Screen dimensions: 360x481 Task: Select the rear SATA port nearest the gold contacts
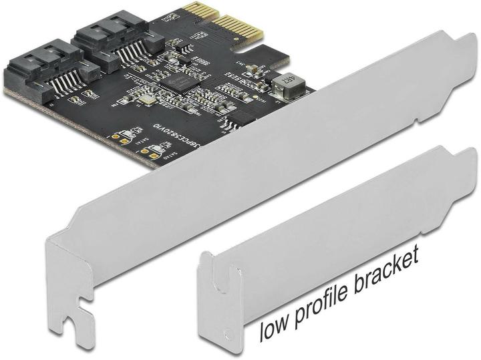click(107, 33)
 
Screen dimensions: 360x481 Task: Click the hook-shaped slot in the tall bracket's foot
click(80, 307)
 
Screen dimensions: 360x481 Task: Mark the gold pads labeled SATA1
click(124, 138)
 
